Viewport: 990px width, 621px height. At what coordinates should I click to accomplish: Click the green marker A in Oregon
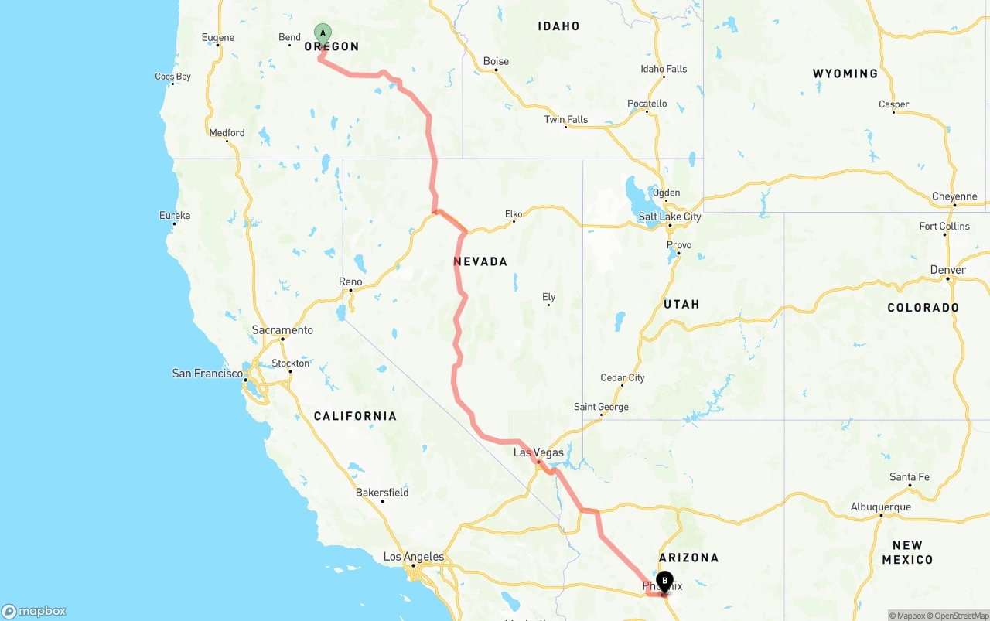coord(323,34)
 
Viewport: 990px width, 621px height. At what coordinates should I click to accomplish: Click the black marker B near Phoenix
coord(664,582)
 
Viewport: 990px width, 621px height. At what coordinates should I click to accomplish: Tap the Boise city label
coord(496,62)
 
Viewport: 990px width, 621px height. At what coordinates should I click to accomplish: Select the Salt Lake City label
coord(670,217)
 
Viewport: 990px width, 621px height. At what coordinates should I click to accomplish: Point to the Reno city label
coord(350,281)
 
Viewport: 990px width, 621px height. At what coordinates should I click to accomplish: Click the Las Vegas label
coord(538,452)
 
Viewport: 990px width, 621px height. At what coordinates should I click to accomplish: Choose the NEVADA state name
coord(480,262)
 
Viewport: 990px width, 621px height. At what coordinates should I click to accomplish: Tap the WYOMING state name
coord(845,73)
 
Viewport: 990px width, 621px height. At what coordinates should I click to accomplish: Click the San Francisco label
coord(207,374)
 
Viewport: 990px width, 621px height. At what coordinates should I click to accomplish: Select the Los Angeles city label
coord(414,557)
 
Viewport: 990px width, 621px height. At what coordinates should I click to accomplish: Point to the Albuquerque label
coord(881,507)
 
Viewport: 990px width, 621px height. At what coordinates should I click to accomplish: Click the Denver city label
coord(948,270)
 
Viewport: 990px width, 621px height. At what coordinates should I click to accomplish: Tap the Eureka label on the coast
coord(174,215)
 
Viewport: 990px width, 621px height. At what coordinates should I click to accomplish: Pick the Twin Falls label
coord(566,119)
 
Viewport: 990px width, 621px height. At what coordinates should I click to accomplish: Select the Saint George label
coord(601,407)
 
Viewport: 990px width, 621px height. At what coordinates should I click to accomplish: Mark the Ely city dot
coord(548,305)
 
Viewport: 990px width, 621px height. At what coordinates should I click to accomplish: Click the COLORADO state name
coord(923,308)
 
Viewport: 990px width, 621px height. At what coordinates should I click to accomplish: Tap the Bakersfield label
coord(382,493)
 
